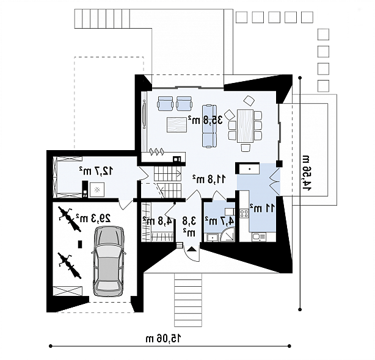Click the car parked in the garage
point(108,261)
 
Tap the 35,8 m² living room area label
point(205,120)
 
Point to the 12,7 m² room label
point(96,171)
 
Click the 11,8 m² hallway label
point(209,179)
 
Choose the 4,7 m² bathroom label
point(219,221)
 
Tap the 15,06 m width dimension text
point(164,338)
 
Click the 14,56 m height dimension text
point(307,173)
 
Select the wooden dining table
point(245,126)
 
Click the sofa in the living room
point(209,126)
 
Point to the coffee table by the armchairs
point(177,124)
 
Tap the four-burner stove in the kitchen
point(244,214)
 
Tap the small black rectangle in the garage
point(81,244)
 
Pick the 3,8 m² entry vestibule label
point(190,226)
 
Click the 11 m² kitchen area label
point(262,207)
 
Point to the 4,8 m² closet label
point(158,221)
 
